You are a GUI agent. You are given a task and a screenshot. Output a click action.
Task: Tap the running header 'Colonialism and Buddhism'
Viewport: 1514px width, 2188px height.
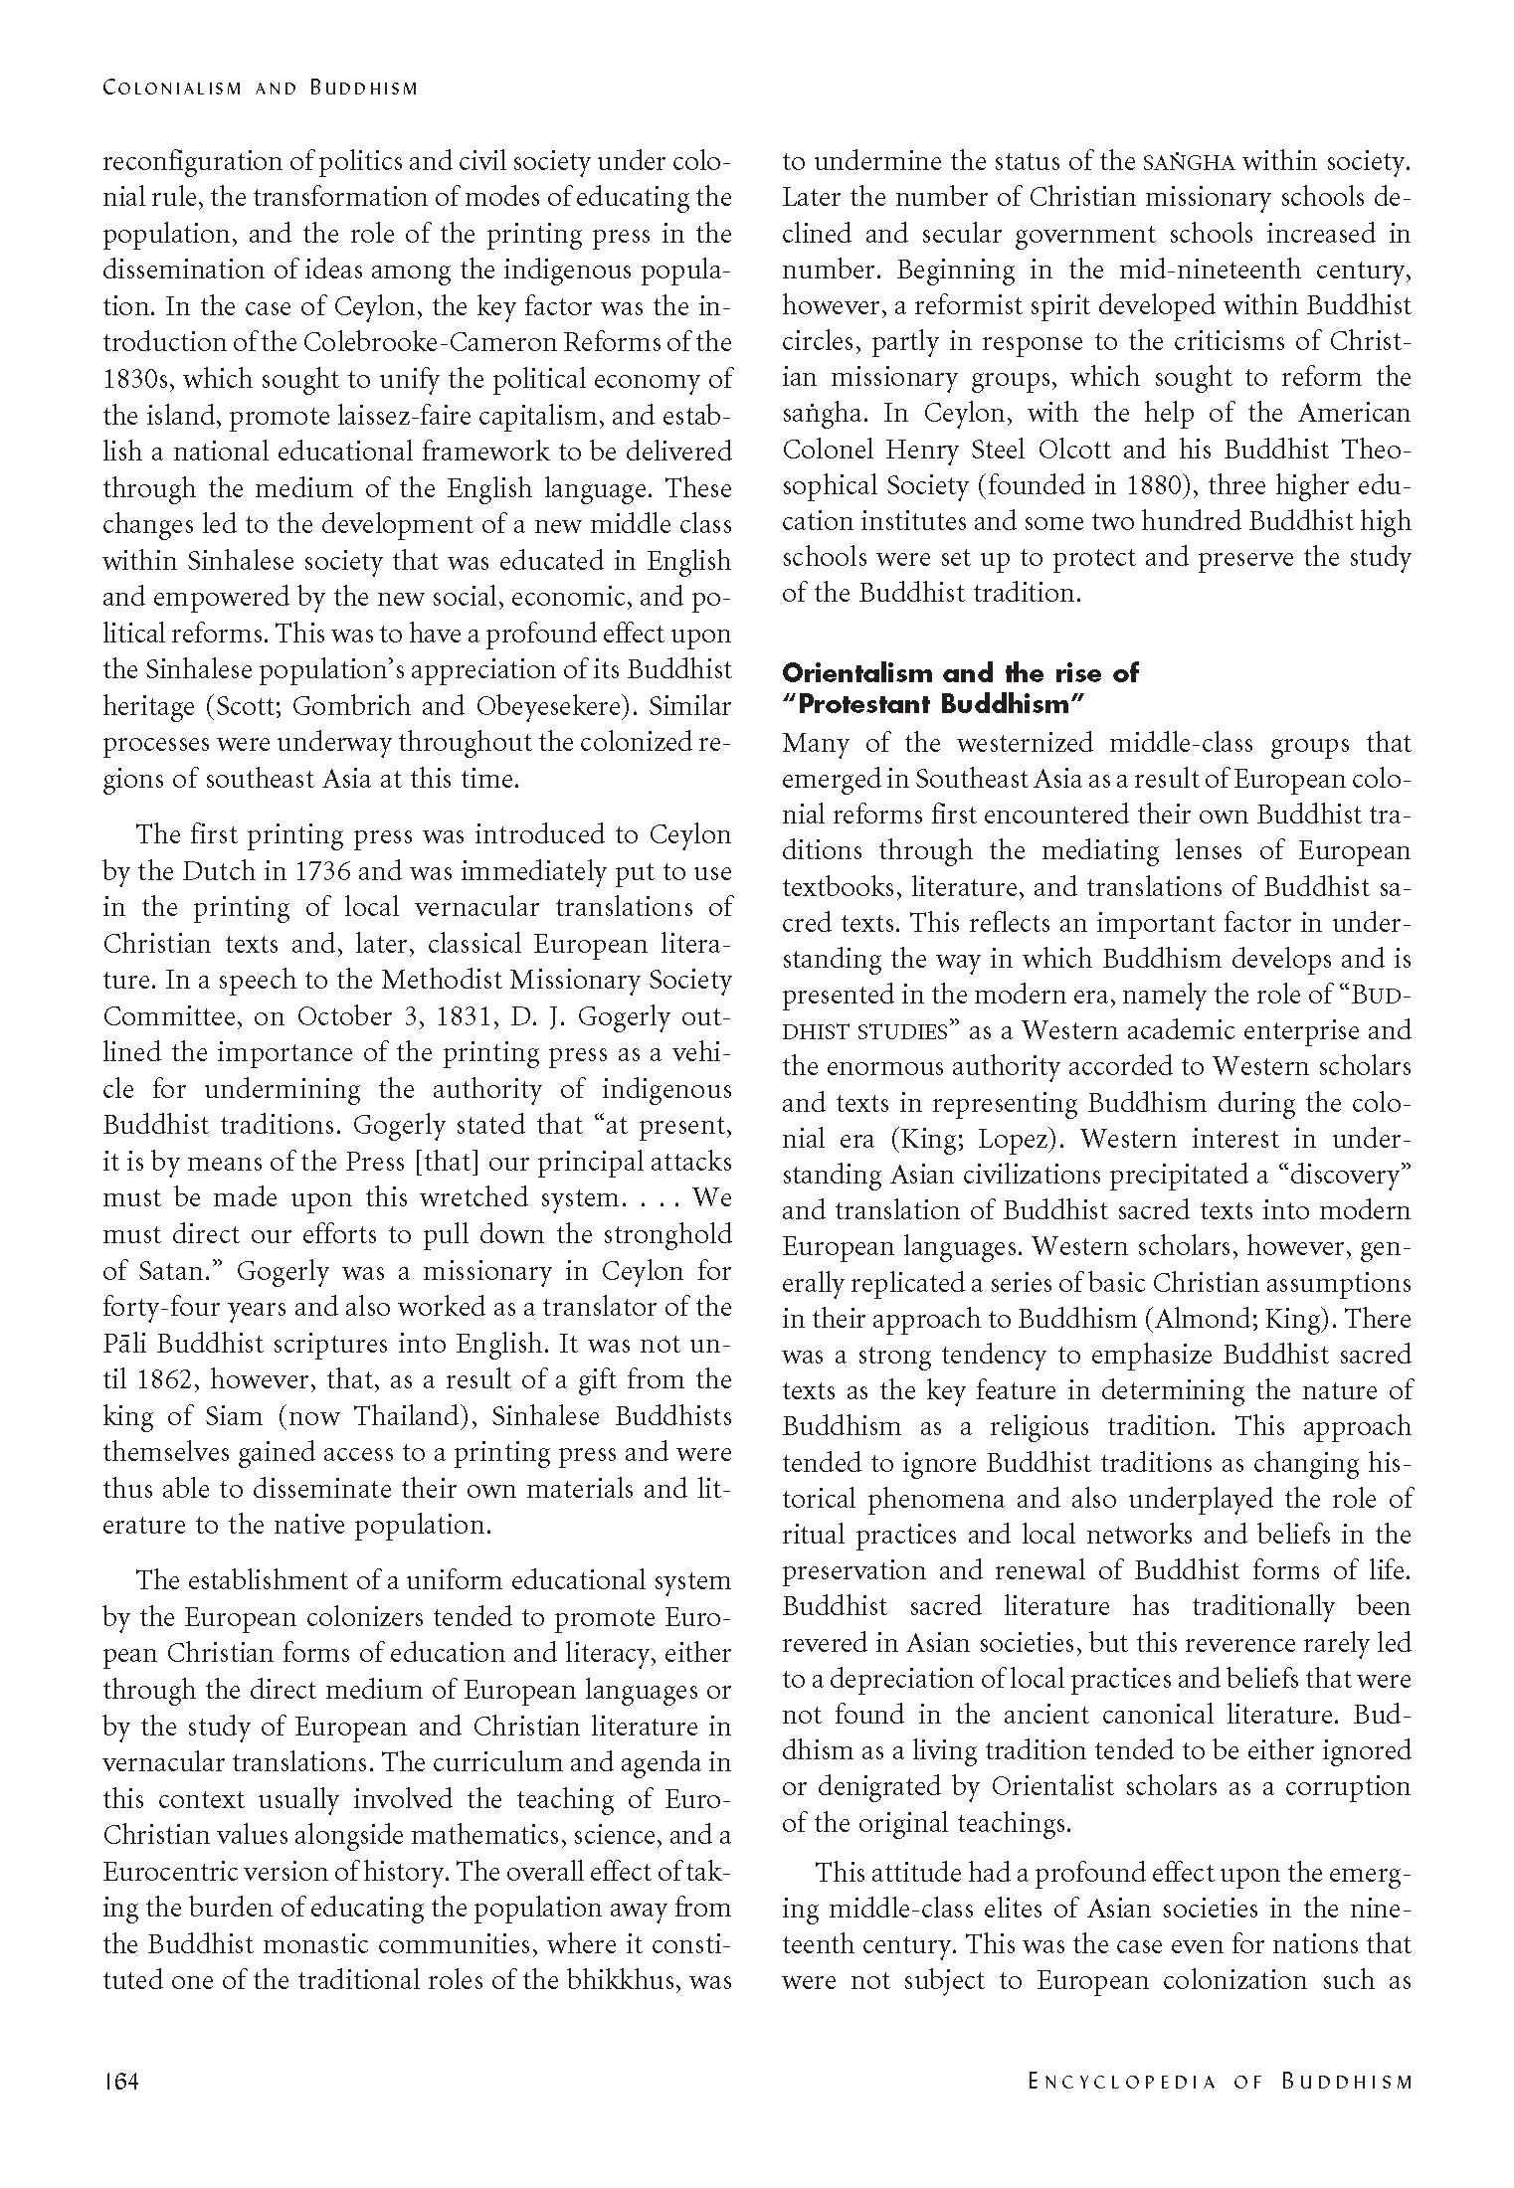pos(260,88)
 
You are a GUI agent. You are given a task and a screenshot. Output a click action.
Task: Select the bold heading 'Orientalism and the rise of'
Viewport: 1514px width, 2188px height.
pos(960,673)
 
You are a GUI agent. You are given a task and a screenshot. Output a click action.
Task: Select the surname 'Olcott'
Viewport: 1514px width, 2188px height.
pos(1075,450)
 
